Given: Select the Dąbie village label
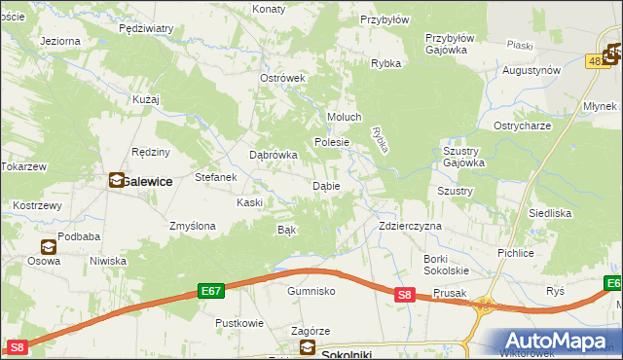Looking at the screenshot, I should (325, 186).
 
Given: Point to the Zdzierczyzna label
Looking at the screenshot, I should (410, 226).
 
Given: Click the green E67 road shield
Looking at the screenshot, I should (212, 291).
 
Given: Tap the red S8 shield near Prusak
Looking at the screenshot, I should (406, 295).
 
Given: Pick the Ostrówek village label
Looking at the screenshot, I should (283, 78).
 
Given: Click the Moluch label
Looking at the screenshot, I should (345, 117).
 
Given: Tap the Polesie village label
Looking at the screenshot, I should (331, 142).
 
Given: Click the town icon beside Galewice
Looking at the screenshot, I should (116, 180).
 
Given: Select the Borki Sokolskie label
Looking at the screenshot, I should (447, 264).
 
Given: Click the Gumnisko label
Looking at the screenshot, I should (311, 291).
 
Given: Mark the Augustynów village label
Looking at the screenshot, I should (531, 70).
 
